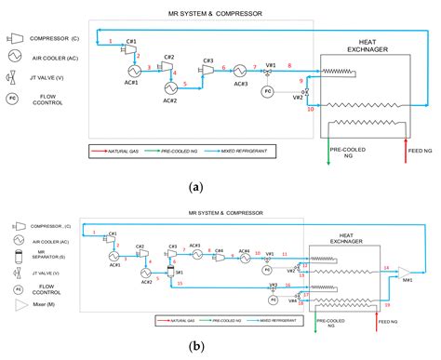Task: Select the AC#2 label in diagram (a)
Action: click(169, 100)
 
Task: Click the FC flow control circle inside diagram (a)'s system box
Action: click(267, 91)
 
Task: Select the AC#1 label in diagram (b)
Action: click(115, 264)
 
